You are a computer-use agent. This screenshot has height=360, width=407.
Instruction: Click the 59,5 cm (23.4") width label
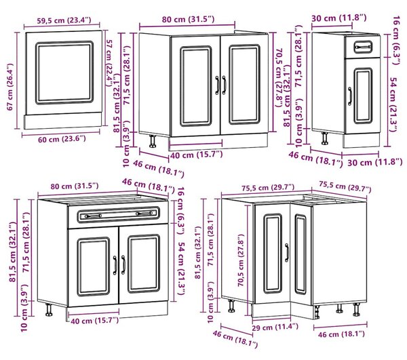[64, 20]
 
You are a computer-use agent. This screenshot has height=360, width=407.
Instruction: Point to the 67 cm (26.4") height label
[10, 87]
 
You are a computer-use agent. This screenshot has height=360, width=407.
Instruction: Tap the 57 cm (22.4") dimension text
[111, 63]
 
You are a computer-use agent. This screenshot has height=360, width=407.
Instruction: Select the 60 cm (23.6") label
[62, 139]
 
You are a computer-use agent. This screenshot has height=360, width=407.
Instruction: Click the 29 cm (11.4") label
[275, 327]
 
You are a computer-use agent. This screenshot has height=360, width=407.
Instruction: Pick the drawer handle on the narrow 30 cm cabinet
[363, 47]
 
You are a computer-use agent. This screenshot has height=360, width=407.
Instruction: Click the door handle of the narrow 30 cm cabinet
[350, 96]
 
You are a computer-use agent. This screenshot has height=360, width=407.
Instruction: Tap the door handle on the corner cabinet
[286, 252]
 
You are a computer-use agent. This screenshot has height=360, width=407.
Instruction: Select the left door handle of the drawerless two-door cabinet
[217, 85]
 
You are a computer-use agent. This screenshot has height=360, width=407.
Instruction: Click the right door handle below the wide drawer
[123, 265]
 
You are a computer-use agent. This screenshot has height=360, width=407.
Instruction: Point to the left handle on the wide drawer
[93, 216]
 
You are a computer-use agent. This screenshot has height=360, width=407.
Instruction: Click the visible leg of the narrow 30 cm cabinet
[324, 138]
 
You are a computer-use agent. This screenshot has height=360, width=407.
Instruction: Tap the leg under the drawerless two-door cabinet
[153, 141]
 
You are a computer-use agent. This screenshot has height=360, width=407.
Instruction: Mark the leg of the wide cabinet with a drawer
[49, 309]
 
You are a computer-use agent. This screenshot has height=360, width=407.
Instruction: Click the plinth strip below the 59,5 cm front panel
[63, 121]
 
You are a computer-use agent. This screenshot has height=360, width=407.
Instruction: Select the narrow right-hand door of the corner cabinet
[301, 254]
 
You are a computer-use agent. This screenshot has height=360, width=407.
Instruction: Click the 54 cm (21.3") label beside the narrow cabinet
[393, 104]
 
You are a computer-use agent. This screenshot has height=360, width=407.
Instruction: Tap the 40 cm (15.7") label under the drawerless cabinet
[196, 155]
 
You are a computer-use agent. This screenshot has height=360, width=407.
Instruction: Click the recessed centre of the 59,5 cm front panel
[64, 73]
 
